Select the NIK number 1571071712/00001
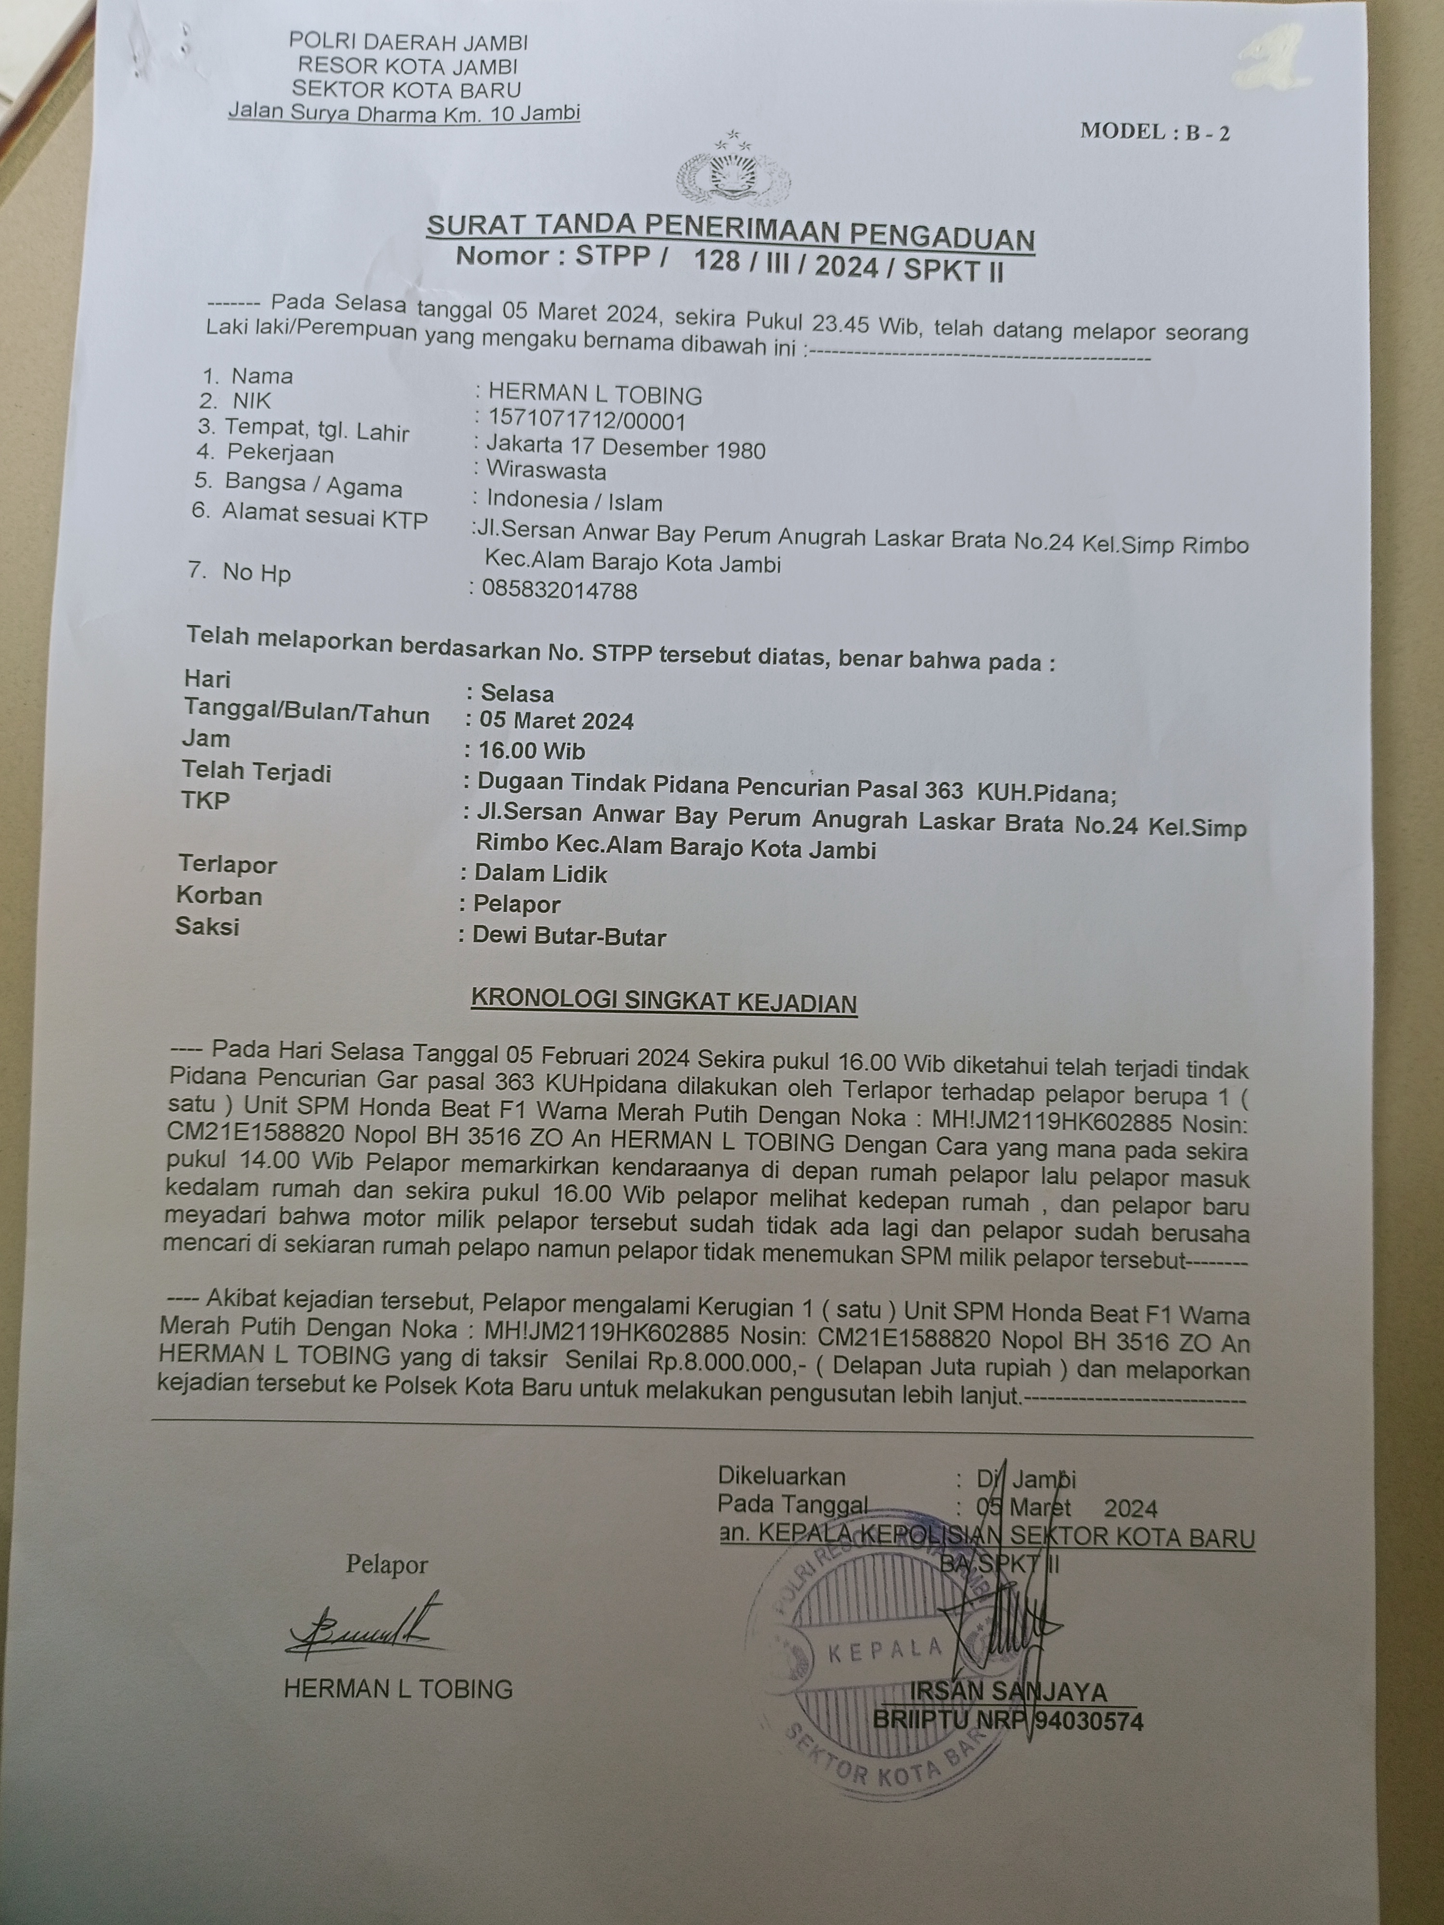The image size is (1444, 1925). [588, 421]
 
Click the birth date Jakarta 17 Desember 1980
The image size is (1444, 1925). [626, 448]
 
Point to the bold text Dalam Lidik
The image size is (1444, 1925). [540, 874]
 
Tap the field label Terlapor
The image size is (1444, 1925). [227, 864]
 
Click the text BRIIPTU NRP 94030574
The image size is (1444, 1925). [1008, 1720]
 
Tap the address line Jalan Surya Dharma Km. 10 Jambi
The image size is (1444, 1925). [404, 112]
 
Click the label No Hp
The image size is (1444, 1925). [256, 573]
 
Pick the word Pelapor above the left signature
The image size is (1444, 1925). [387, 1565]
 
